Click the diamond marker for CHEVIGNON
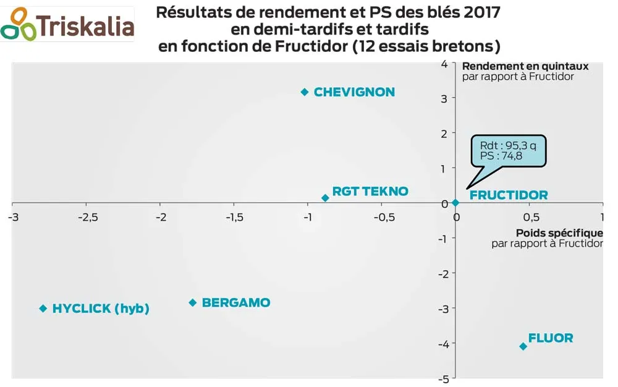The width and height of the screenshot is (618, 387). pyautogui.click(x=304, y=92)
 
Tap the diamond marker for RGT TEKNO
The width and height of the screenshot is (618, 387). pyautogui.click(x=325, y=198)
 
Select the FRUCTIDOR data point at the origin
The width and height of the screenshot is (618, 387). pyautogui.click(x=455, y=203)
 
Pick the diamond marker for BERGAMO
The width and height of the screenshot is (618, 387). pyautogui.click(x=193, y=303)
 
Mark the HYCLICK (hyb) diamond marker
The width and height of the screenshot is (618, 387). pyautogui.click(x=43, y=308)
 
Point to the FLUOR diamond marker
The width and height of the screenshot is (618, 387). pyautogui.click(x=523, y=346)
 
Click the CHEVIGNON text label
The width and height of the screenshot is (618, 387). pyautogui.click(x=354, y=92)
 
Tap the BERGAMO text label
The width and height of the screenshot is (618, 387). pyautogui.click(x=236, y=303)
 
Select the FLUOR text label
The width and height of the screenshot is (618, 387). pyautogui.click(x=551, y=338)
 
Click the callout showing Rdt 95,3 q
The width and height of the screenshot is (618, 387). pyautogui.click(x=508, y=150)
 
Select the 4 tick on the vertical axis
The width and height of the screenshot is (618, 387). pyautogui.click(x=444, y=63)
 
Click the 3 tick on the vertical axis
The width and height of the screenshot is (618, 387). pyautogui.click(x=444, y=98)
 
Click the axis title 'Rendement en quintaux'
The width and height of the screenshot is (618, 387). pyautogui.click(x=525, y=66)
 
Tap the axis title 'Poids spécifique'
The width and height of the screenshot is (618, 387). pyautogui.click(x=559, y=233)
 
